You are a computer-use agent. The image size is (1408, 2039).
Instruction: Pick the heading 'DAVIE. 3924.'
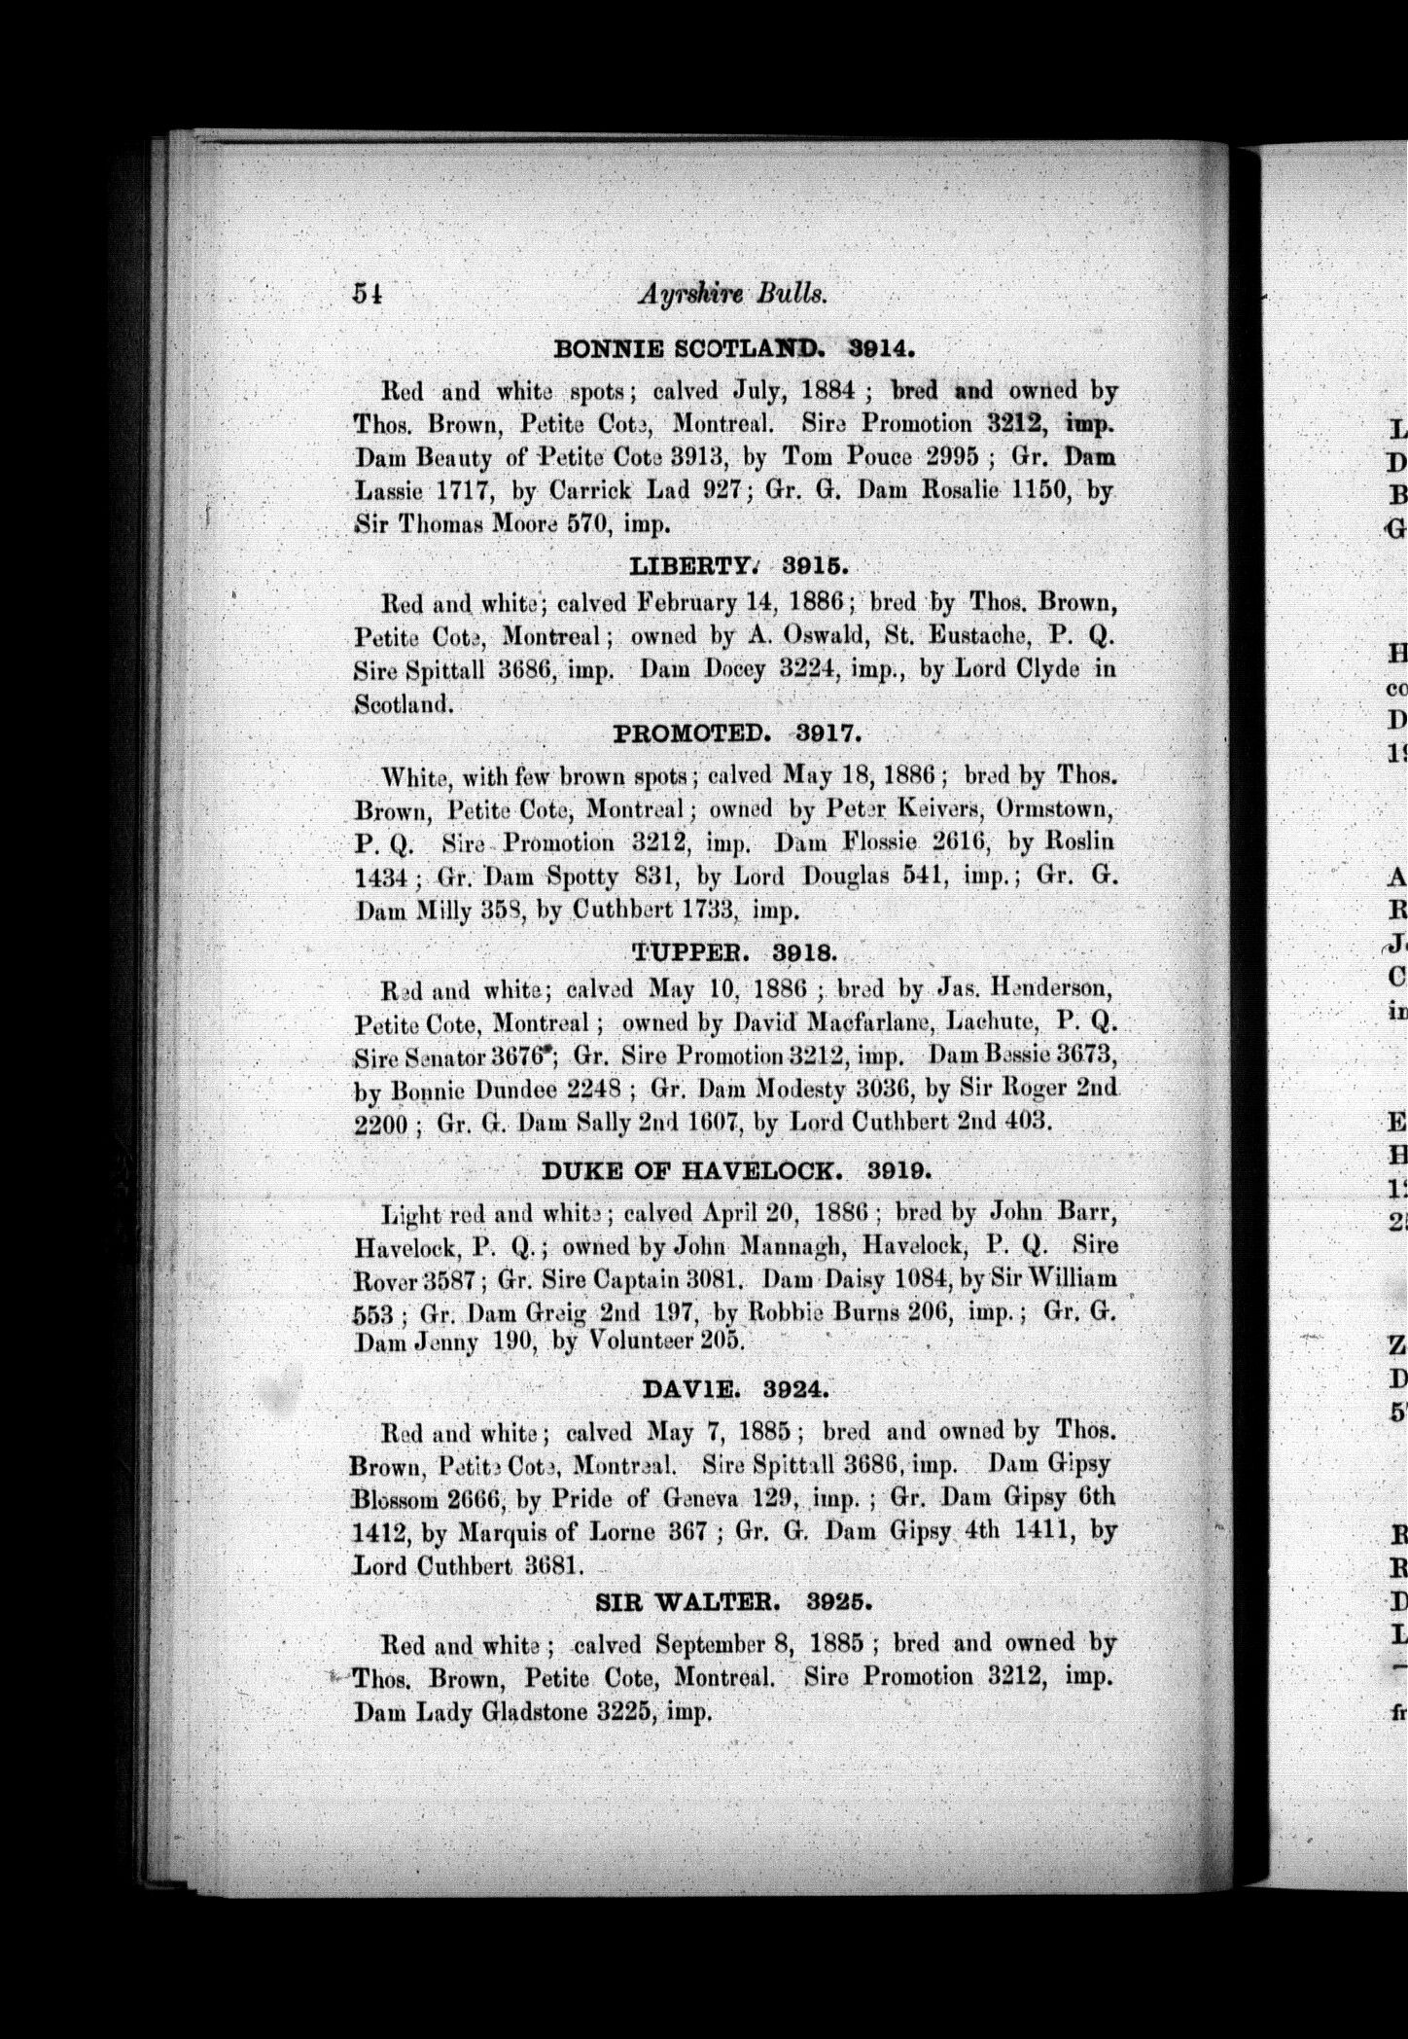[736, 1390]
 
